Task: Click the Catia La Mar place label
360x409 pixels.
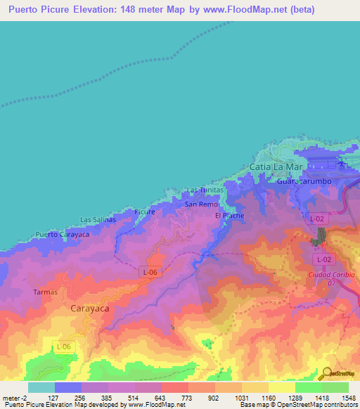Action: click(275, 167)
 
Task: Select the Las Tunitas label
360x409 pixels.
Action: click(205, 190)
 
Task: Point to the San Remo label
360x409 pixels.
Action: click(201, 204)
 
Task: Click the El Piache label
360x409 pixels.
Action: click(228, 216)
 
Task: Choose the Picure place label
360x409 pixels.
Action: click(145, 211)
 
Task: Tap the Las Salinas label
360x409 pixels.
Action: click(98, 219)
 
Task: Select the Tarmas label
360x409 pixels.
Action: click(46, 291)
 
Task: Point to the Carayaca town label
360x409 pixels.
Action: click(91, 308)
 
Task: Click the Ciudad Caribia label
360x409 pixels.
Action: click(331, 274)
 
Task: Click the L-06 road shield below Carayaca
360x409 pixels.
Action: click(63, 346)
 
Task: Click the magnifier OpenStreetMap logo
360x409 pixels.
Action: click(326, 372)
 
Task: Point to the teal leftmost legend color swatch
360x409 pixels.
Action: click(41, 387)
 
